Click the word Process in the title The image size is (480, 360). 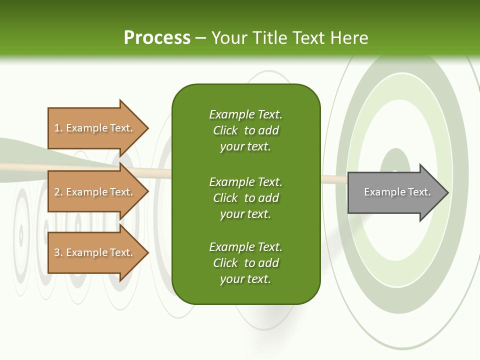(157, 38)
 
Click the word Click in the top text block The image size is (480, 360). (225, 130)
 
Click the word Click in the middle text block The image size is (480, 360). (225, 198)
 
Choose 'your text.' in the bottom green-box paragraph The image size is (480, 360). (245, 279)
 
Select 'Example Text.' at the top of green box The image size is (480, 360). (245, 114)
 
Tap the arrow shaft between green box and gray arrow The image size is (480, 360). (333, 179)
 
